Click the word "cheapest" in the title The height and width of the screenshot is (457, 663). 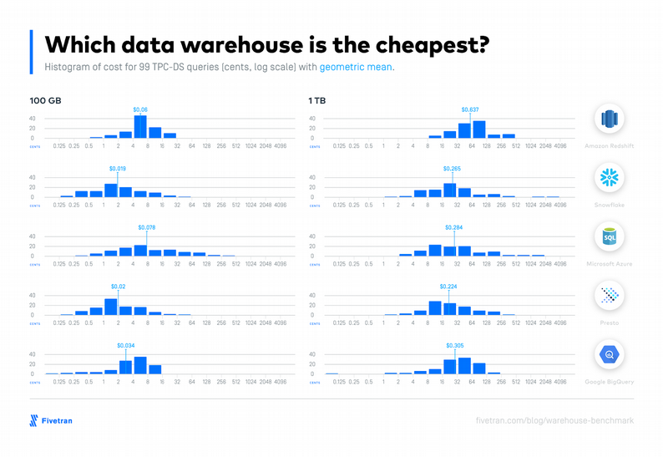(427, 43)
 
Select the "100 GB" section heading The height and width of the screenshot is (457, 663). (46, 100)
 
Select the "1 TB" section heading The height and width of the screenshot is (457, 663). (317, 100)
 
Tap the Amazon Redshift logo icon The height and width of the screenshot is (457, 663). (610, 119)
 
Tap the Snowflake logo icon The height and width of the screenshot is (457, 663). (610, 178)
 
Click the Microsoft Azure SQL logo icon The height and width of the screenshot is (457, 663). (610, 237)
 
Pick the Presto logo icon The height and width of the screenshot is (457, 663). (610, 296)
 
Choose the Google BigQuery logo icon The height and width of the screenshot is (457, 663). (610, 355)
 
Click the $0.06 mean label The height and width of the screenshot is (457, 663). (140, 109)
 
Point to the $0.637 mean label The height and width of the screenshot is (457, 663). (470, 109)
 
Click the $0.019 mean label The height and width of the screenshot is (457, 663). (118, 169)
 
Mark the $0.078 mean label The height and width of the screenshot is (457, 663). (146, 227)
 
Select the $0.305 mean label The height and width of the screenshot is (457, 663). (455, 345)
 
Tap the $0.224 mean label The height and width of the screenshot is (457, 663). (449, 287)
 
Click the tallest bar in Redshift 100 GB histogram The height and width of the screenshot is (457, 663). (140, 126)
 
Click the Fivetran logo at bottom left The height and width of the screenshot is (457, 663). (52, 420)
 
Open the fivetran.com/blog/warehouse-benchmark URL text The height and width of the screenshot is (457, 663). (554, 421)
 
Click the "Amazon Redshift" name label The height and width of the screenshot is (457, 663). (610, 145)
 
